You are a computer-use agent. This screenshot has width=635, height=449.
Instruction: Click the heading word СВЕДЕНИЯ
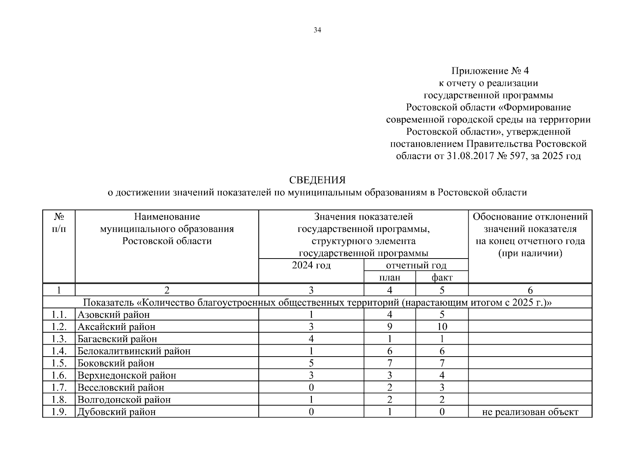coord(317,180)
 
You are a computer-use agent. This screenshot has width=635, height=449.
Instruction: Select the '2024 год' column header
coord(311,265)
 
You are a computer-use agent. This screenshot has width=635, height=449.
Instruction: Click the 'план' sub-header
coord(389,277)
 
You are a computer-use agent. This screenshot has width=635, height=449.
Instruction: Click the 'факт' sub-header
coord(442,277)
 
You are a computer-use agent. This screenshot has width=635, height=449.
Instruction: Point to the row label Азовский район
coord(114,315)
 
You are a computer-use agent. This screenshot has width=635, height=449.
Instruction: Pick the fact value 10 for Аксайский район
coord(442,327)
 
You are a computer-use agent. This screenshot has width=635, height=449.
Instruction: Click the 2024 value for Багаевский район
coord(311,339)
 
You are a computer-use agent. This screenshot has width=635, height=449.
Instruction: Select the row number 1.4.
coord(59,351)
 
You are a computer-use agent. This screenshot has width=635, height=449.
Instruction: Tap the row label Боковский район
coord(116,363)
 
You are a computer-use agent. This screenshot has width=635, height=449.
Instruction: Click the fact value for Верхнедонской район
coord(442,375)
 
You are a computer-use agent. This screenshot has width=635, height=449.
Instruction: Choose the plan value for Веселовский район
coord(389,387)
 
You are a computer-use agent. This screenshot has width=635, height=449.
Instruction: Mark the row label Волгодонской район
coord(124,400)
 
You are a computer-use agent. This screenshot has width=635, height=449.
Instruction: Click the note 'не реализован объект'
coord(530,412)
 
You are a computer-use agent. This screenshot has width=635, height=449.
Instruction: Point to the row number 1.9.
coord(59,412)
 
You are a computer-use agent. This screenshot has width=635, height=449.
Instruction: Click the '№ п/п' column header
coord(59,222)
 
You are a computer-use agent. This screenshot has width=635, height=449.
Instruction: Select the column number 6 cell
coord(530,290)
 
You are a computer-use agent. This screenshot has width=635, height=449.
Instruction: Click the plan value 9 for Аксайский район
coord(389,327)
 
